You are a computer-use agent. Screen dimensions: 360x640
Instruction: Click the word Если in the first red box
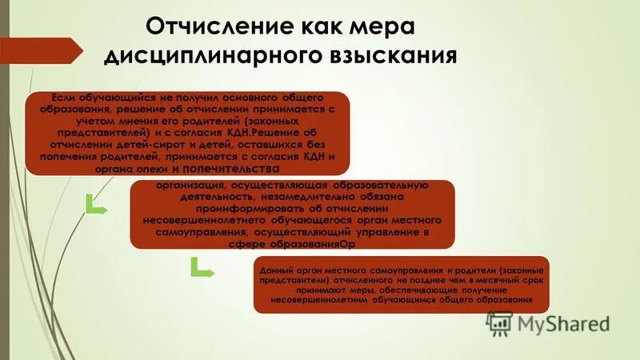click(x=54, y=98)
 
